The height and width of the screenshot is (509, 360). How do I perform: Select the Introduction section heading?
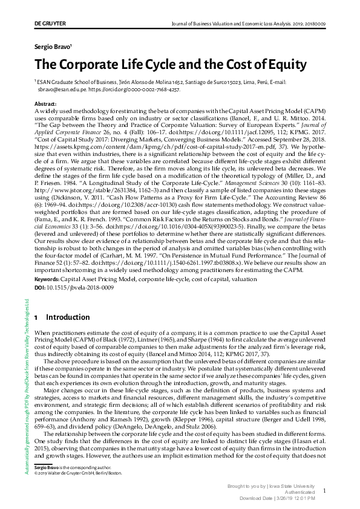coord(68,317)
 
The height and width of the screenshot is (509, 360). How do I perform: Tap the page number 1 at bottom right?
coord(324,491)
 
